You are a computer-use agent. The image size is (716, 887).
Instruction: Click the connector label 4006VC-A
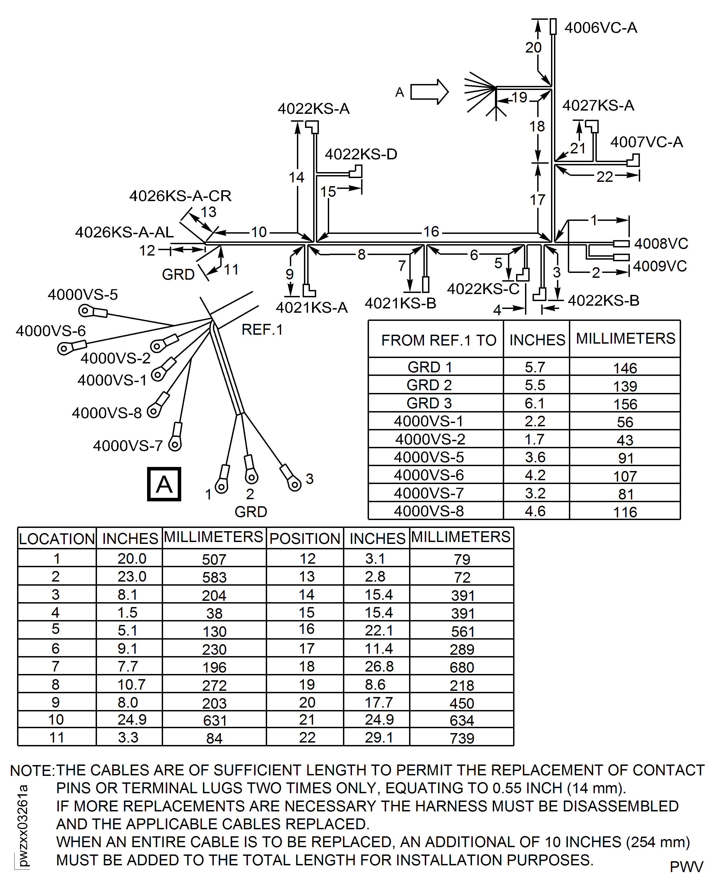click(x=601, y=28)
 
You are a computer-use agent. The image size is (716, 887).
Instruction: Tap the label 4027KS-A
click(x=598, y=106)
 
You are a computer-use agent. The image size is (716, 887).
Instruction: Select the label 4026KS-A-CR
click(x=180, y=196)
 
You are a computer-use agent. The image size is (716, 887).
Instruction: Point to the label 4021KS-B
click(x=400, y=304)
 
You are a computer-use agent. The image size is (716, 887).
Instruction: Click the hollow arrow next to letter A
click(x=429, y=92)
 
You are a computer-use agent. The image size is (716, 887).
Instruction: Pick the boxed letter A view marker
click(x=164, y=484)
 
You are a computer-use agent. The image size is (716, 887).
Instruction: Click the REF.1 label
click(x=262, y=330)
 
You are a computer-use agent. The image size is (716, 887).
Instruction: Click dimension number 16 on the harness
click(x=431, y=231)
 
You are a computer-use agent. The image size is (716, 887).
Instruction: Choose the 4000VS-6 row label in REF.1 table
click(x=429, y=475)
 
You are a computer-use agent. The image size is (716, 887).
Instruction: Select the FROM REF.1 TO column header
click(x=438, y=340)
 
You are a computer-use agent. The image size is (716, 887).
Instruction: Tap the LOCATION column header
click(x=57, y=539)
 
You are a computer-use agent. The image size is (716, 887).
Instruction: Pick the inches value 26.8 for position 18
click(x=379, y=666)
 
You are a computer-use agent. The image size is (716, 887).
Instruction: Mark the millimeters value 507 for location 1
click(x=214, y=559)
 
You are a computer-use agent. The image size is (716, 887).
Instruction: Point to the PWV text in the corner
click(x=686, y=867)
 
